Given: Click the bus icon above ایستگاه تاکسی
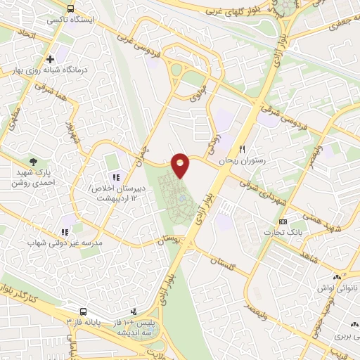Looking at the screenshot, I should [x=71, y=8].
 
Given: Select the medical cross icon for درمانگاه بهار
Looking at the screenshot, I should [x=50, y=59].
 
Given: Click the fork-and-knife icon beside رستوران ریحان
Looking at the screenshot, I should [x=243, y=149].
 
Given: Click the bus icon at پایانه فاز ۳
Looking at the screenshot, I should [x=84, y=311].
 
